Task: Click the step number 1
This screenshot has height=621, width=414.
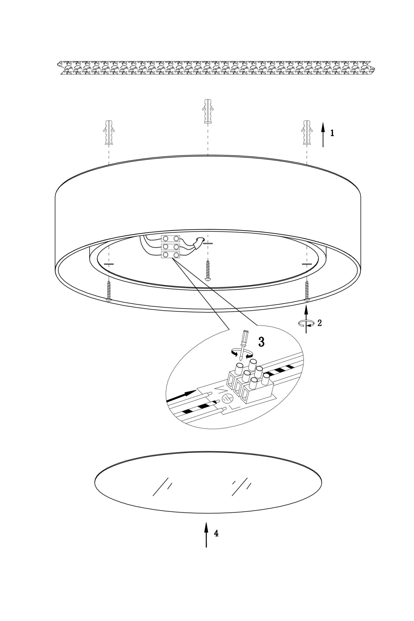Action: [332, 133]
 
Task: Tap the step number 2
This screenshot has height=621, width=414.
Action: [319, 323]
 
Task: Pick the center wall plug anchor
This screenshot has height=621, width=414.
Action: [208, 111]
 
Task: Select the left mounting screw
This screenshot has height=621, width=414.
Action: [109, 291]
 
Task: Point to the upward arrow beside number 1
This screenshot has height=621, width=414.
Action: [323, 135]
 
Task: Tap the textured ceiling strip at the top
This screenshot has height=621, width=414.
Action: [216, 68]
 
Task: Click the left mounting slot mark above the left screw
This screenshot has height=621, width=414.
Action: [109, 263]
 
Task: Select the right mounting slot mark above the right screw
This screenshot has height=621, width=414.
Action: [307, 263]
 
